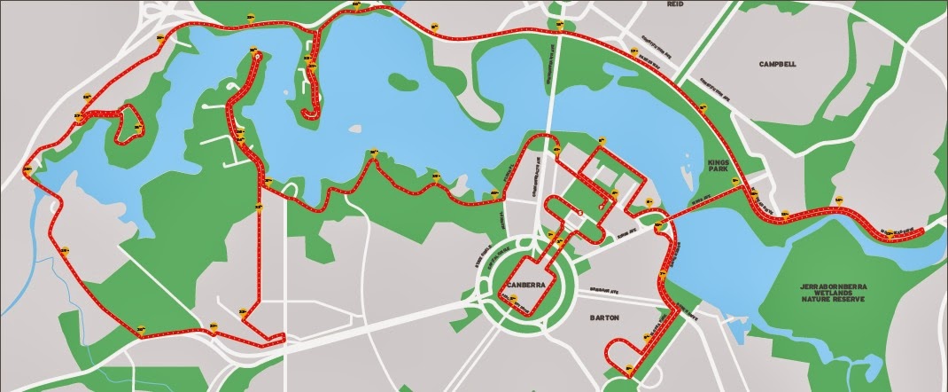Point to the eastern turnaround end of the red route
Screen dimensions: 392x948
[x=921, y=232]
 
